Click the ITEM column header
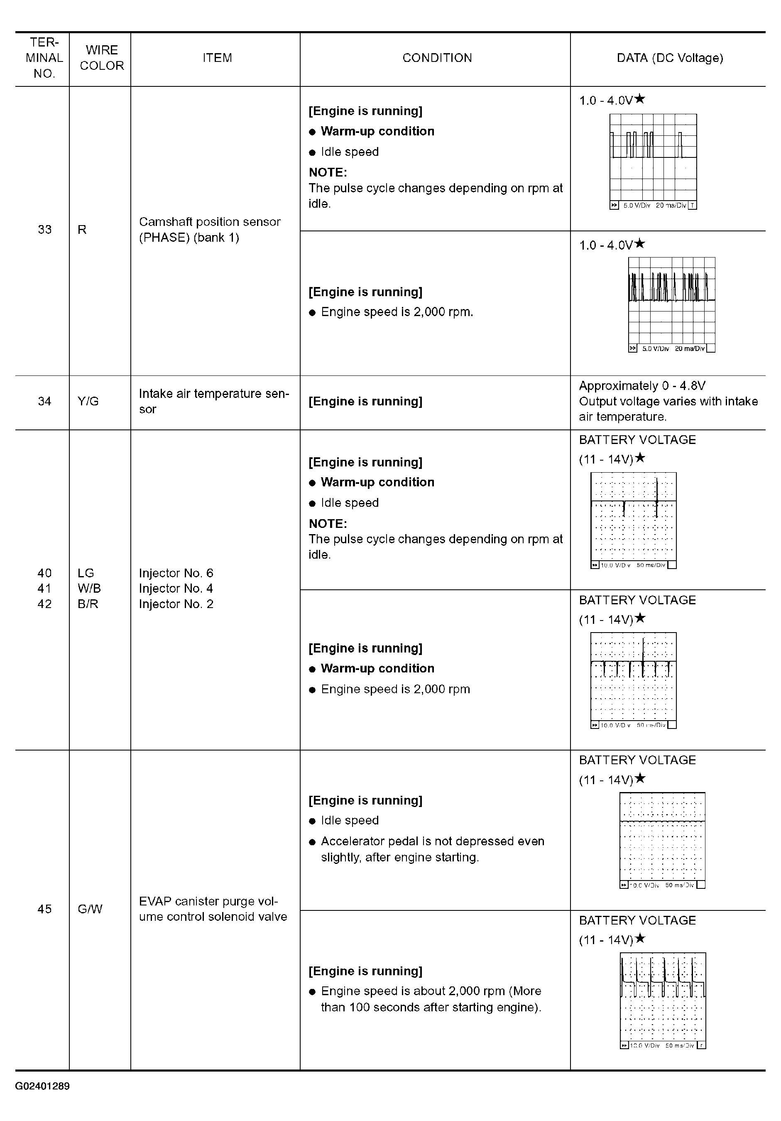click(x=217, y=58)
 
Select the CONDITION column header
click(x=437, y=58)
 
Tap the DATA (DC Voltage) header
click(x=670, y=58)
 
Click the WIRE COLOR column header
click(x=102, y=58)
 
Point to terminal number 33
click(x=44, y=229)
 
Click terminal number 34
click(x=44, y=401)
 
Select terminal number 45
click(x=44, y=909)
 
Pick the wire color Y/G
click(x=88, y=401)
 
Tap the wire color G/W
click(x=90, y=909)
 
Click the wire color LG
click(x=86, y=573)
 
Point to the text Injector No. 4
click(x=176, y=589)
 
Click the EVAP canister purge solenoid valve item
click(x=213, y=909)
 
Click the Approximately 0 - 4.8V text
click(x=642, y=386)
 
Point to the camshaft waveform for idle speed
click(x=653, y=162)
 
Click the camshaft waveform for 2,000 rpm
click(x=672, y=304)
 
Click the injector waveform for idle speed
click(x=634, y=520)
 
